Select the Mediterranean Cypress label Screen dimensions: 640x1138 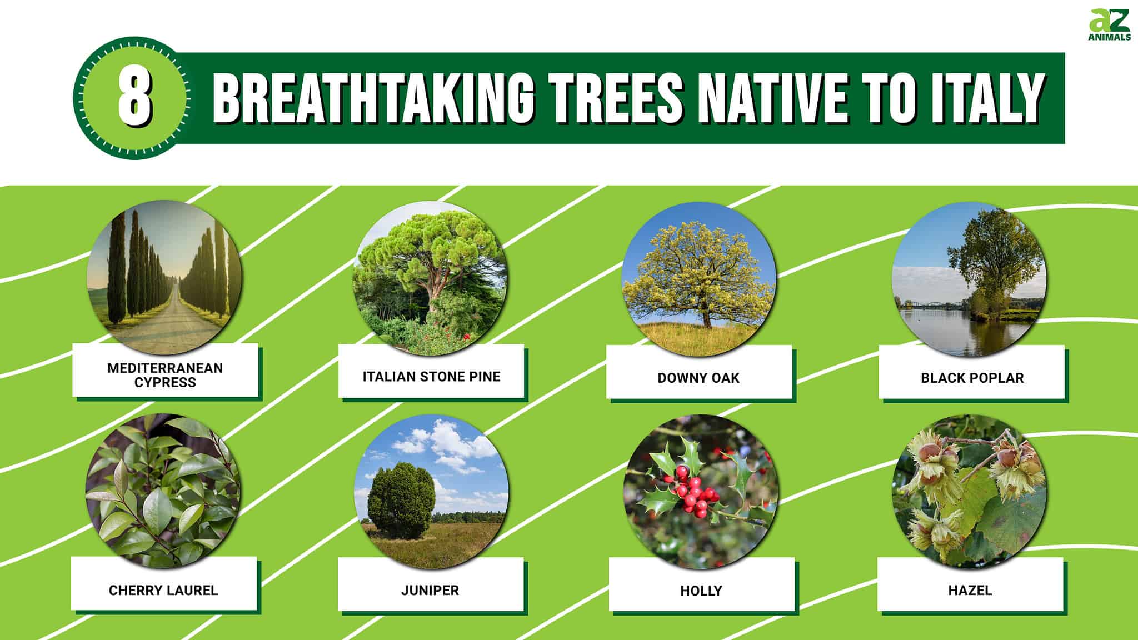165,375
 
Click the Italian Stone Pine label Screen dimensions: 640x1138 431,377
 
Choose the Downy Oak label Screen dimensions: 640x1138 698,378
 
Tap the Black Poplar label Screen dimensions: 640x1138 972,378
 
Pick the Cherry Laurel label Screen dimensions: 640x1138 163,590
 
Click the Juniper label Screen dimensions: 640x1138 430,590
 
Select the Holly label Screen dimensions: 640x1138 701,591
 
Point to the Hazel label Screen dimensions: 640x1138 970,590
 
